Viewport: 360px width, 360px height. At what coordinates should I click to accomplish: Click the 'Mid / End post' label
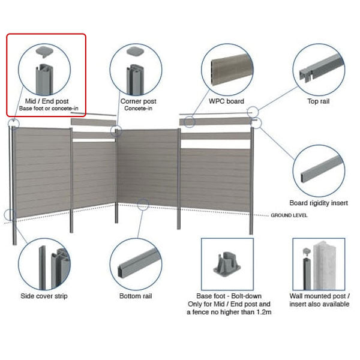point(46,101)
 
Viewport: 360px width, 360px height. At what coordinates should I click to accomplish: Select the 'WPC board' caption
point(226,101)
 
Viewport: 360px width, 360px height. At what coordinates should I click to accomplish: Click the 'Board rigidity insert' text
point(319,203)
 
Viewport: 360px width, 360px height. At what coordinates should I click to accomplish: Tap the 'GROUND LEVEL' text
point(289,214)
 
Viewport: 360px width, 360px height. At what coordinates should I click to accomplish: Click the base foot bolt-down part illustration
point(226,264)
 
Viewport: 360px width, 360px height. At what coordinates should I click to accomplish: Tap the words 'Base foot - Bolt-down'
point(227,296)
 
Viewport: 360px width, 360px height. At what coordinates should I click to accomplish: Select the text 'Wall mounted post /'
point(319,296)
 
